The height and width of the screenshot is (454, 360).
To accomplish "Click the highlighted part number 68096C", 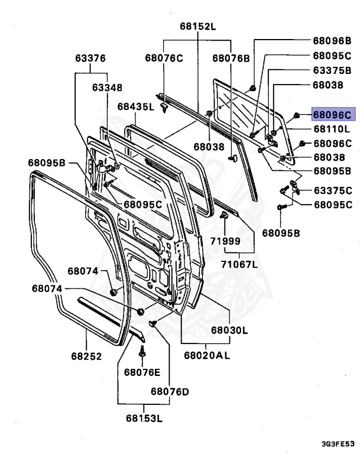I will (332, 115).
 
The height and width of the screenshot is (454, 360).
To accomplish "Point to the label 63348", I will (107, 87).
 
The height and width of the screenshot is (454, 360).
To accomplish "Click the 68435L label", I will (135, 107).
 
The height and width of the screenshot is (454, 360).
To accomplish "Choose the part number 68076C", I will (164, 57).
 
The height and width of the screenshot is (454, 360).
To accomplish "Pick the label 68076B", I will (231, 57).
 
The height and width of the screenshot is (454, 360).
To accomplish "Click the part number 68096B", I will (332, 41).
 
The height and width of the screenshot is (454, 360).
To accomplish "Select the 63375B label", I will (332, 70).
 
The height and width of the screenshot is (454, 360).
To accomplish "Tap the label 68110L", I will (332, 129).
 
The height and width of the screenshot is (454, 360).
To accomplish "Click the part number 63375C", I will (332, 190).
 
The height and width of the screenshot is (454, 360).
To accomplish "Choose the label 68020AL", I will (206, 355).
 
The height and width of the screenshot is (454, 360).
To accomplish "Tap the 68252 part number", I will (86, 356).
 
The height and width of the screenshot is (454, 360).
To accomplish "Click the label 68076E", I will (142, 372).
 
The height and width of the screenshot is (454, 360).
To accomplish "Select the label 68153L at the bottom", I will (143, 419).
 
